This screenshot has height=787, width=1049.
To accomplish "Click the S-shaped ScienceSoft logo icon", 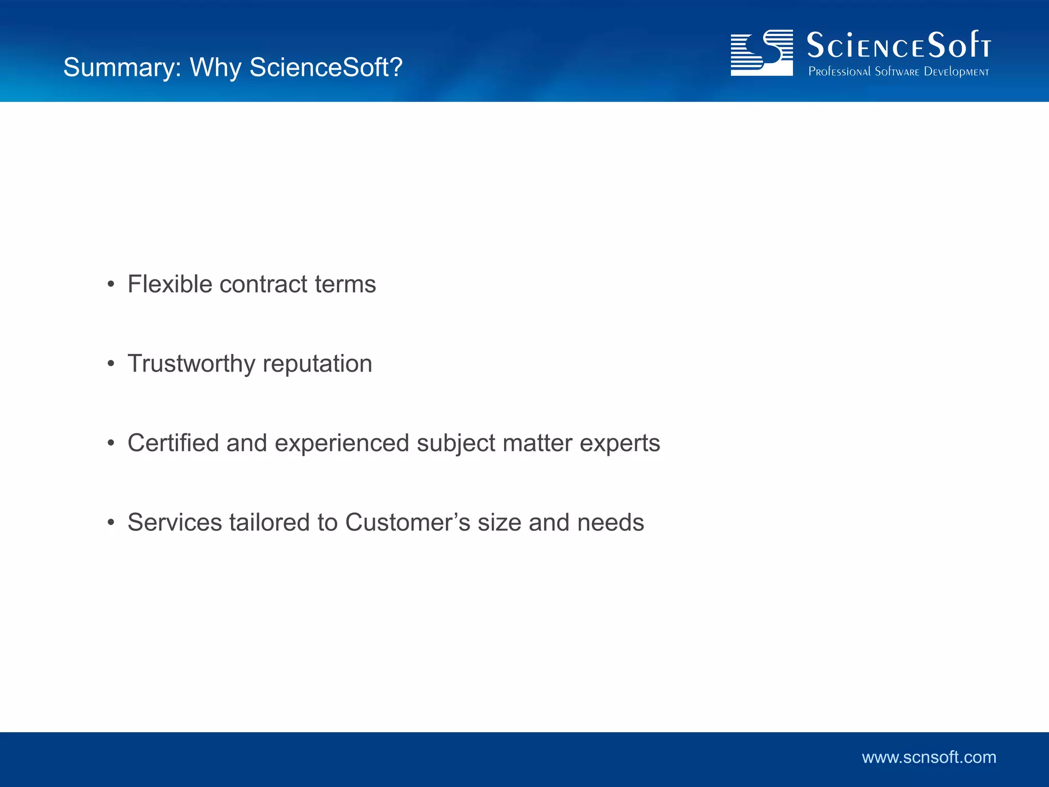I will coord(762,53).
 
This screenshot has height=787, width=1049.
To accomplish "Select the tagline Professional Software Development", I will coord(898,72).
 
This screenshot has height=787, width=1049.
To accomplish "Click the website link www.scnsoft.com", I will coord(929,757).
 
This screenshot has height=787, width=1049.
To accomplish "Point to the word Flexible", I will coord(170,284).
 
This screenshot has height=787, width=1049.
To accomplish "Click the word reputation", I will coord(317,364).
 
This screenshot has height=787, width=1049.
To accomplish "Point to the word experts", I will coord(620,444).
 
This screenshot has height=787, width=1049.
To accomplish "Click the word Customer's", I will coord(408,522).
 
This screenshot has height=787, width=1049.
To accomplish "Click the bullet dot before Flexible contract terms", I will coord(111,284).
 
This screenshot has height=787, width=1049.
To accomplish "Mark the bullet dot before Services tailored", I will coord(111,523).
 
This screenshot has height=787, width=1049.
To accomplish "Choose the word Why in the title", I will coord(216,67).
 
